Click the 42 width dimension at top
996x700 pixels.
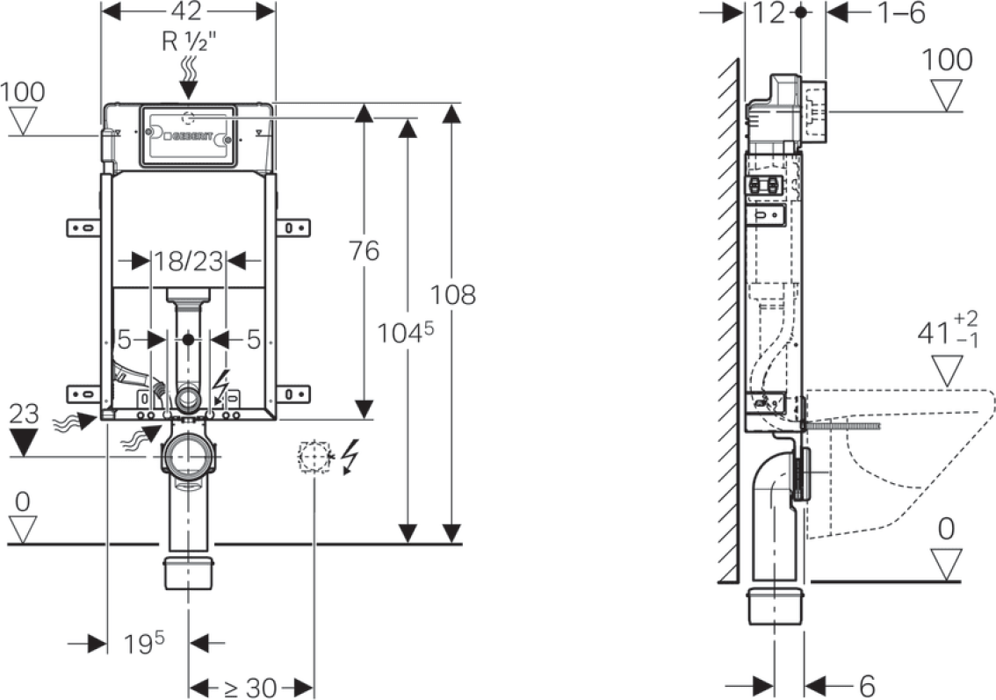click(x=187, y=11)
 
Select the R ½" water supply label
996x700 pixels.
click(x=190, y=42)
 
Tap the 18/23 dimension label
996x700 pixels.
click(x=190, y=261)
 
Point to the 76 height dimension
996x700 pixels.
click(x=364, y=251)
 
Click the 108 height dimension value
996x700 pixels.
click(x=453, y=295)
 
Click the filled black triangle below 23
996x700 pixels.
click(x=24, y=442)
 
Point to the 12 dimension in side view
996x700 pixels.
click(x=769, y=12)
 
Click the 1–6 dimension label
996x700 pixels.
click(x=901, y=12)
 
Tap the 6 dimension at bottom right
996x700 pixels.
click(x=867, y=686)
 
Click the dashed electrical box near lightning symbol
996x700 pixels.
click(x=314, y=456)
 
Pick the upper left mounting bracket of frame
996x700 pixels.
click(x=84, y=227)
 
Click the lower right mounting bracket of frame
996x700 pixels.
click(x=292, y=393)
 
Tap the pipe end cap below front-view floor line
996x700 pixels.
click(x=190, y=573)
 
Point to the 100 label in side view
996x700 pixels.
click(x=947, y=60)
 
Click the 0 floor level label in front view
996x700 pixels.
click(x=22, y=502)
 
